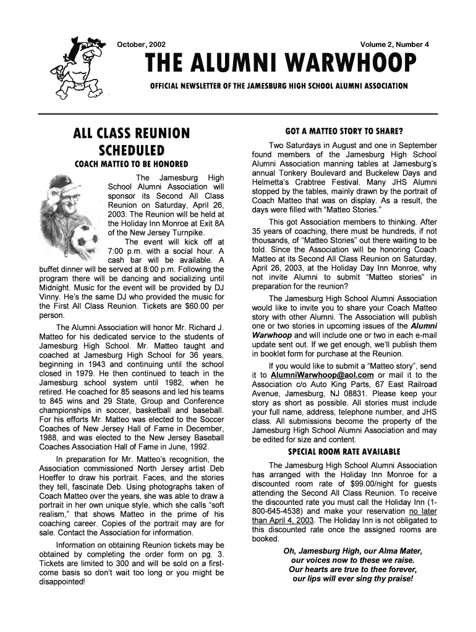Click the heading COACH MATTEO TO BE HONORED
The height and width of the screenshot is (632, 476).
coord(131,165)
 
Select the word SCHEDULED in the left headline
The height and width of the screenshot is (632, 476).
coord(131,150)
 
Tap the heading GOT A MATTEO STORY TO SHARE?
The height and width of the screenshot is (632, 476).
coord(344,131)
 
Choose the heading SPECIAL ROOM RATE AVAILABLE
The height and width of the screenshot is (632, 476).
coord(344,451)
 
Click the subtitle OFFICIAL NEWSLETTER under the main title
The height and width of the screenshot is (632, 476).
coord(275,85)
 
